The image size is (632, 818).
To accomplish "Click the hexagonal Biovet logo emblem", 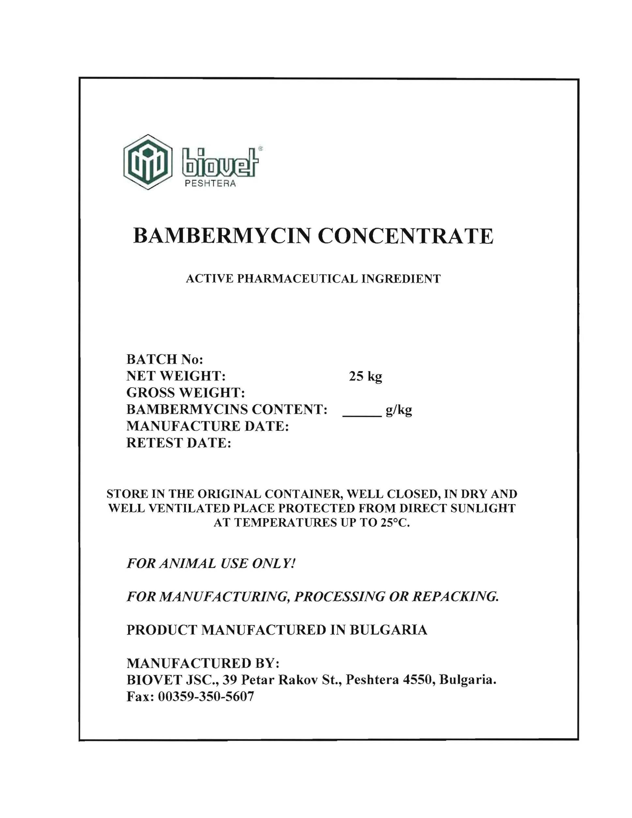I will coord(148,162).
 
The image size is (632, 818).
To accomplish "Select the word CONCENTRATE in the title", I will coord(405,236).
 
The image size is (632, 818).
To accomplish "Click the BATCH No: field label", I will coord(165,360).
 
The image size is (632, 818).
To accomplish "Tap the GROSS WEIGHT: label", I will coord(186,393).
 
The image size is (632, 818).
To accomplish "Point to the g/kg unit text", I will coord(399,410).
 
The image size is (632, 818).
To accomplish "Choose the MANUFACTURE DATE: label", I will coord(207,426).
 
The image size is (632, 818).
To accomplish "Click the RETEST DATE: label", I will coord(179,443).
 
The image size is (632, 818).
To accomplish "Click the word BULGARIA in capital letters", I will coord(388,630).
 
